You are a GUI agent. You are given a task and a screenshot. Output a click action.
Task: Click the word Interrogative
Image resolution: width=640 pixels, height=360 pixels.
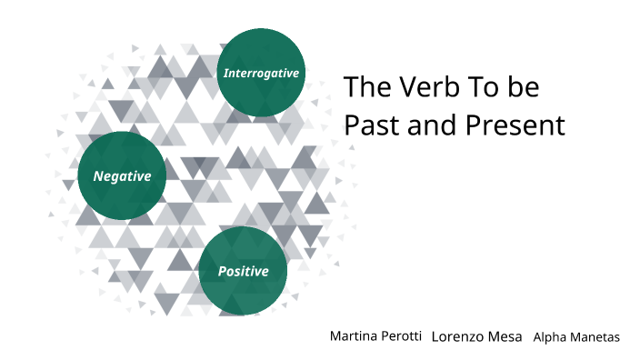261,73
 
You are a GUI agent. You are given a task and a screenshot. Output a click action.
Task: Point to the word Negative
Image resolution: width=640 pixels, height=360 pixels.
122,175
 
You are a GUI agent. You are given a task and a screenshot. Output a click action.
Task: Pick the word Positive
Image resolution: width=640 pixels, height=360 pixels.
243,271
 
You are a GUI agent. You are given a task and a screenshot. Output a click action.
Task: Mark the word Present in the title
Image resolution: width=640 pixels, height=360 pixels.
515,125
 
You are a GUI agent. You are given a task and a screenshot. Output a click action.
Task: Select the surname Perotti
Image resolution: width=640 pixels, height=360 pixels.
401,336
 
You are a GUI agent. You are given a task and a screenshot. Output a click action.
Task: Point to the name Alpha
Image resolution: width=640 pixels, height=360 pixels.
550,337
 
